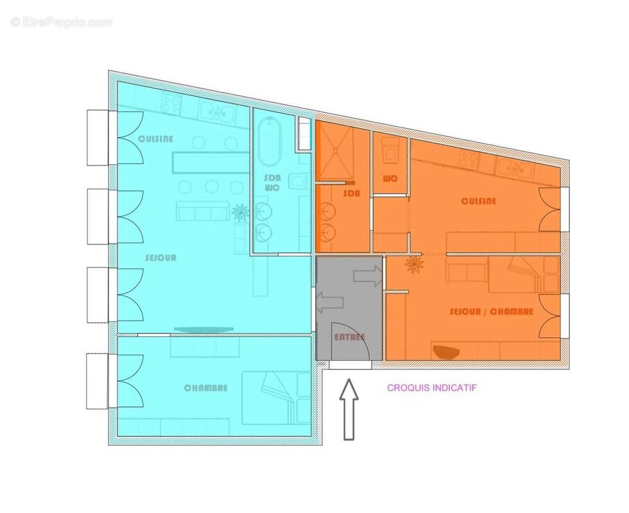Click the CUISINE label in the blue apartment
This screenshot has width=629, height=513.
pos(156,139)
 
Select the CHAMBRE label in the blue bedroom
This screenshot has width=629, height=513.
pos(205,388)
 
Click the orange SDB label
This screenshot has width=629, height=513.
pos(351,193)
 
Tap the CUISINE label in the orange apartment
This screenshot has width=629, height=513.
pos(479,201)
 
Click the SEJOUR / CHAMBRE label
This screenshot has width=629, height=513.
pos(492,312)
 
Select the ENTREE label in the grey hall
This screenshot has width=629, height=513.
pos(349,337)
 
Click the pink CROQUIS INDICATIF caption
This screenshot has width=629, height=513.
pos(431,387)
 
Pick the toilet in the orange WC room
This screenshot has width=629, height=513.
pos(390,151)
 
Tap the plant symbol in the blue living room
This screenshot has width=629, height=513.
pos(239,212)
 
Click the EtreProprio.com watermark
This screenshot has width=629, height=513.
pos(61,22)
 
